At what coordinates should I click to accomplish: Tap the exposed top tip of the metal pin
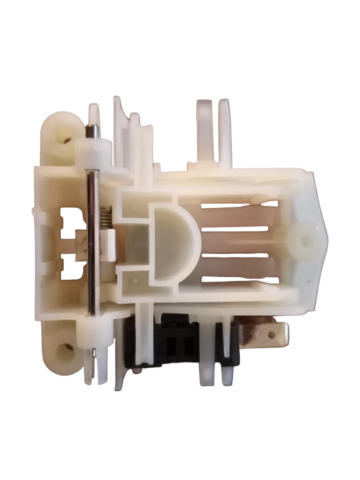[x=90, y=131]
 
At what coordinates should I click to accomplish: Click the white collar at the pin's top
[x=92, y=153]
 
